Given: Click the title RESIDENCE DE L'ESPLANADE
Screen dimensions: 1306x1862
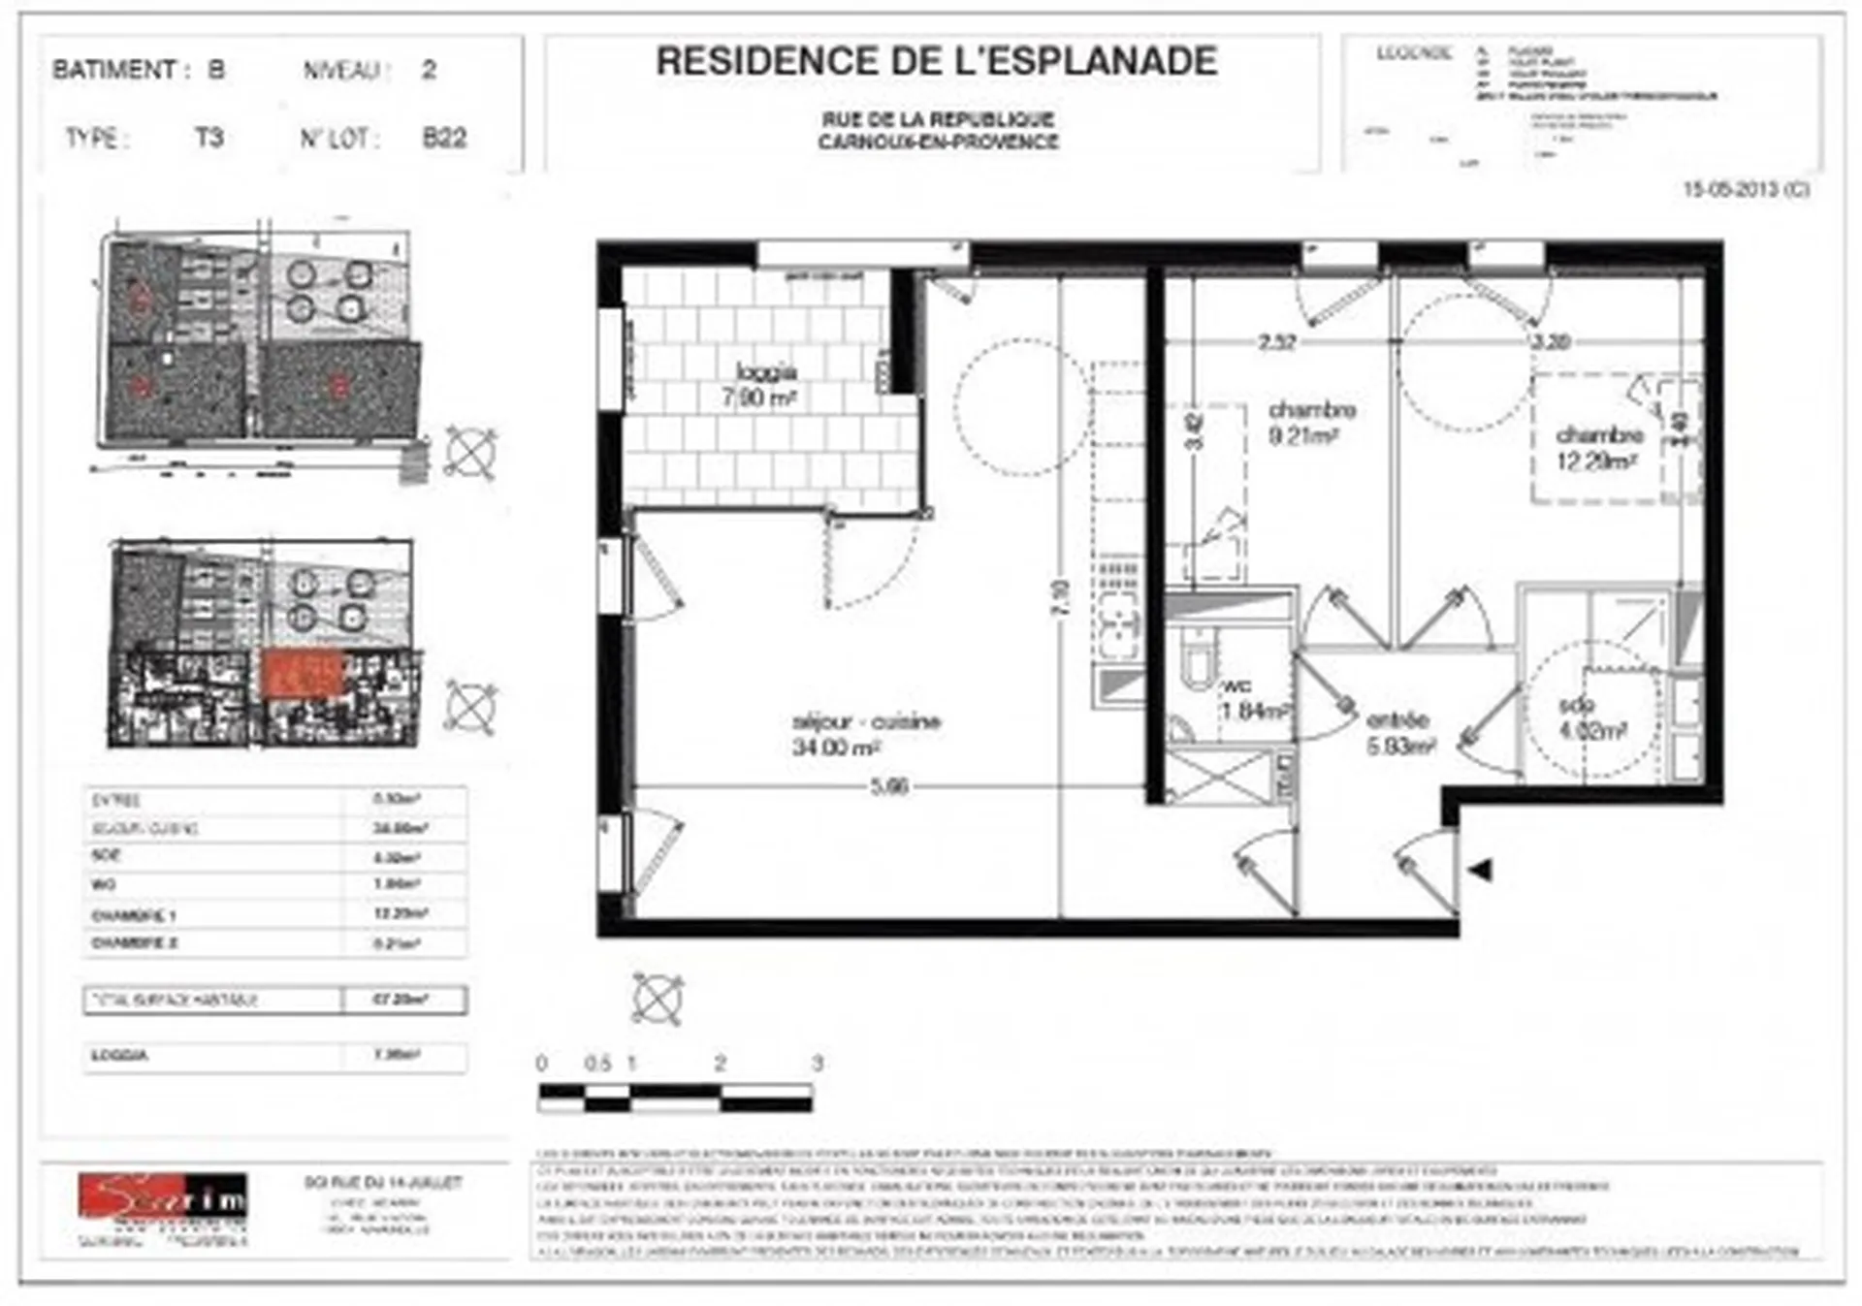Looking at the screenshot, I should (936, 62).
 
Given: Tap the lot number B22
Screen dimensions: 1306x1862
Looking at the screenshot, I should (444, 139).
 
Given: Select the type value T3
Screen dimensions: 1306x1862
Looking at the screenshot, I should (209, 138).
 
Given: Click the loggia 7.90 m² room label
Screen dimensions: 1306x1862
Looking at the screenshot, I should (764, 385).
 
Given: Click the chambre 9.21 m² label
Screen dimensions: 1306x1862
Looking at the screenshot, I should (1310, 423).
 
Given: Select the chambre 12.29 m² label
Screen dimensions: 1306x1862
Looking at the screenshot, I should (1597, 449).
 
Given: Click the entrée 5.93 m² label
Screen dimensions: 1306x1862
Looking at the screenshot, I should (1399, 733).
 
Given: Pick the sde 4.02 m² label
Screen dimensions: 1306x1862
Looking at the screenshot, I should (1591, 718).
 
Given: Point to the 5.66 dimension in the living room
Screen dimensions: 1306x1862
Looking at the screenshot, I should (888, 786).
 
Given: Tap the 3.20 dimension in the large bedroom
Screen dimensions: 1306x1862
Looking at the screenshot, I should (1551, 342).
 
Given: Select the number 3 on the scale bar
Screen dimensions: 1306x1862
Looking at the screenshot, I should (817, 1064).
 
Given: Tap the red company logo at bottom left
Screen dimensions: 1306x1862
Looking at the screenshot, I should (163, 1197).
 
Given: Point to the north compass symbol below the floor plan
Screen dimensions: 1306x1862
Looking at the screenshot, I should (658, 999).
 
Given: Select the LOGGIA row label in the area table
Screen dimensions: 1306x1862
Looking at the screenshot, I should (120, 1055).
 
